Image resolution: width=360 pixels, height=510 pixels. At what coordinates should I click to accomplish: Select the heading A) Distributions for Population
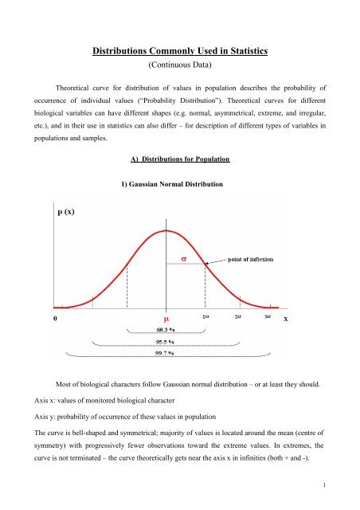180,160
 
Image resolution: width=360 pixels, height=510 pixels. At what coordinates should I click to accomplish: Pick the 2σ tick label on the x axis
237,316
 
